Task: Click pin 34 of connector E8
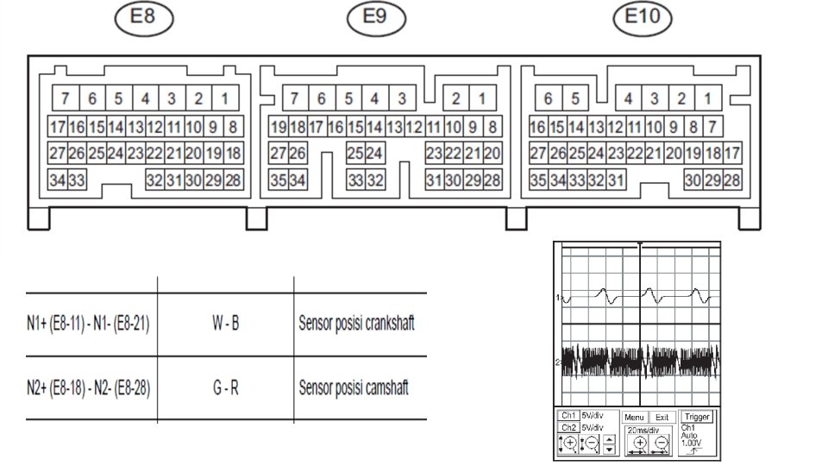click(58, 180)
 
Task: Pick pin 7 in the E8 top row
click(65, 98)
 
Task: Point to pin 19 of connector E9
click(278, 127)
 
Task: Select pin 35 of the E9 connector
click(278, 180)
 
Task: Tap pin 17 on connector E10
click(731, 154)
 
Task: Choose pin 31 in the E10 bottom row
click(617, 180)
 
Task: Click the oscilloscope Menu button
click(635, 417)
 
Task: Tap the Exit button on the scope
click(661, 417)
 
